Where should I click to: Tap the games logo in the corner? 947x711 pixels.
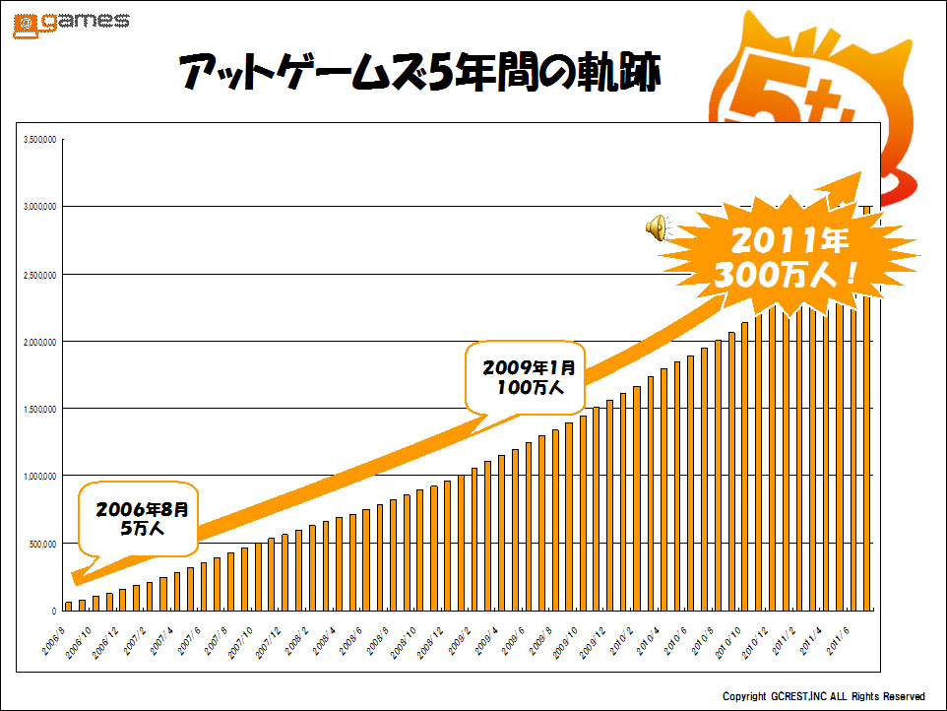coord(70,23)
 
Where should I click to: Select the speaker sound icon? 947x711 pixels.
coord(656,228)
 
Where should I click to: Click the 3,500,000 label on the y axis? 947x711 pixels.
coord(39,140)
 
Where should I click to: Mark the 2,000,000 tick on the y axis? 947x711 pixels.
coord(39,342)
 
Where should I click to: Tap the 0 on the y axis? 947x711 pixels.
coord(54,612)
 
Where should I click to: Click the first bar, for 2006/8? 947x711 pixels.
coord(68,606)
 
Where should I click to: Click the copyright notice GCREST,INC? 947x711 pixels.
coord(823,696)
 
